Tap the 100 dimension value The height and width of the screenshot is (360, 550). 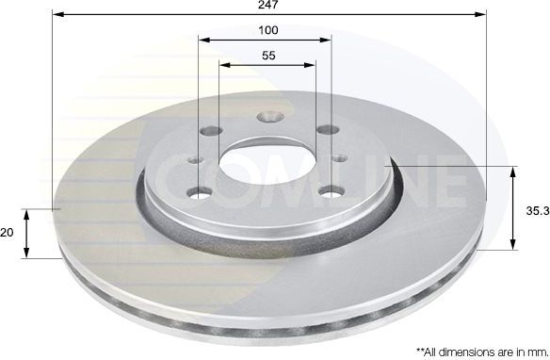tap(267, 30)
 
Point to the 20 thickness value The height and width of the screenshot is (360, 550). tap(8, 232)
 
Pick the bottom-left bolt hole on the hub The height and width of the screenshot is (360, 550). tap(200, 193)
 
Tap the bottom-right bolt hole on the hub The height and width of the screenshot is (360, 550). tap(331, 191)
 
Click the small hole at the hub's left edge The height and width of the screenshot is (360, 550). tap(195, 159)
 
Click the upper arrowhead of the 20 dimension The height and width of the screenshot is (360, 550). tap(27, 213)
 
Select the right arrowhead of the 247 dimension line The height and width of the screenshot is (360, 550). tap(484, 15)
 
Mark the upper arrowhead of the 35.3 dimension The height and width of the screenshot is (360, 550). tap(514, 172)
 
